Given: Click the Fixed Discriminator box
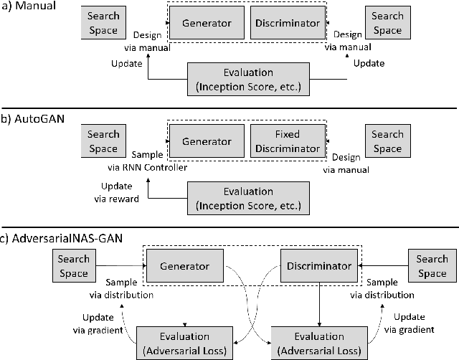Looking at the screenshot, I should pos(286,141).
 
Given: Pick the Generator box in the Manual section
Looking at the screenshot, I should pos(207,24).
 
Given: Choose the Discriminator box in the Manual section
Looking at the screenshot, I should pos(286,24).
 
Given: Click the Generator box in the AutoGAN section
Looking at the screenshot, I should pos(207,141).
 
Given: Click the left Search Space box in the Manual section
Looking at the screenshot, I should pos(103,24).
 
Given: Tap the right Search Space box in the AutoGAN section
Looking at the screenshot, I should pos(387,141).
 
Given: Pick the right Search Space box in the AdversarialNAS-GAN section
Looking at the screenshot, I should pos(432,266).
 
